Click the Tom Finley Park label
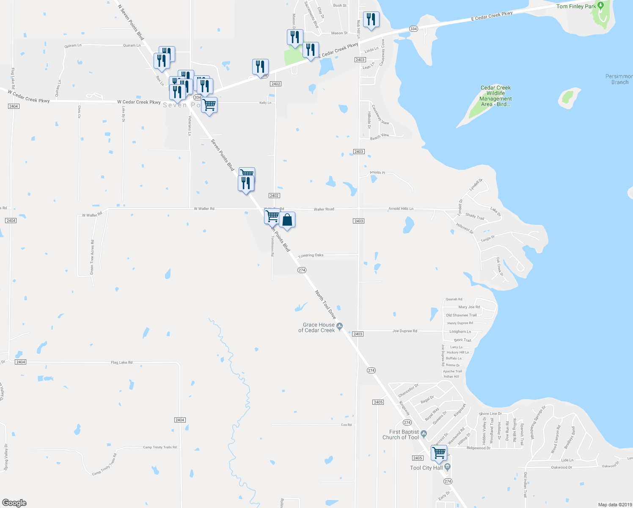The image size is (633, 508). [576, 6]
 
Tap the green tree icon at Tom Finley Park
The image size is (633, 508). [600, 6]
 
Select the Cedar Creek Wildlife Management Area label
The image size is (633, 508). [495, 96]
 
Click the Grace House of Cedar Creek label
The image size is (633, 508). [316, 328]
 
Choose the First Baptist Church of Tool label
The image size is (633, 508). [401, 435]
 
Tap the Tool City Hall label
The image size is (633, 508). [426, 468]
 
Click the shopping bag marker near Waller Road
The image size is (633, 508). [287, 220]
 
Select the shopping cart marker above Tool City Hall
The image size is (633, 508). [439, 452]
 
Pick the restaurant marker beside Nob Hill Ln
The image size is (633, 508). [371, 19]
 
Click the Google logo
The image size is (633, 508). [14, 502]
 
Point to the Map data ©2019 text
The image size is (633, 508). [614, 505]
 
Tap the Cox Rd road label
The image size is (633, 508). [346, 425]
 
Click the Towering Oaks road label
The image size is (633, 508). [311, 255]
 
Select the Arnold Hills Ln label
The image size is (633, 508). [401, 209]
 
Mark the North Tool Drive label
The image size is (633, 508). [325, 304]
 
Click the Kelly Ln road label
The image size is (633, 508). [265, 103]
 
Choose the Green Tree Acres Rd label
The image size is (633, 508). [92, 257]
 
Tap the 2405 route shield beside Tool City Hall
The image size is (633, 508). [417, 458]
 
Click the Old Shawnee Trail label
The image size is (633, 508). [461, 315]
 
